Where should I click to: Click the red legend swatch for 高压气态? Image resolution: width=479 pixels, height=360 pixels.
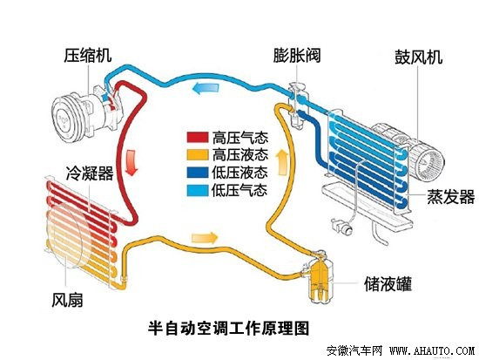(197, 138)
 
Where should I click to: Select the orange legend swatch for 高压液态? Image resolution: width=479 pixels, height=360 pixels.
(197, 155)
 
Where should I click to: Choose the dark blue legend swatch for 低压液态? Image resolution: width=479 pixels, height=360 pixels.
(197, 172)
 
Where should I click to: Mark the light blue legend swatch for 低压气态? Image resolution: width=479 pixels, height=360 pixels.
(197, 189)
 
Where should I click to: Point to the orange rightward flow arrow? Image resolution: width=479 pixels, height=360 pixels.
(202, 237)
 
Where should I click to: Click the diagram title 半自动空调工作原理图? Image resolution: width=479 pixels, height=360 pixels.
(229, 328)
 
